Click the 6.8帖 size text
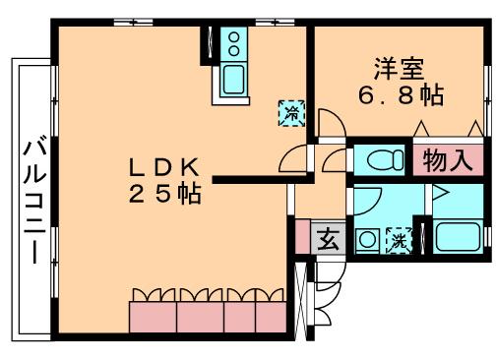tap(399, 95)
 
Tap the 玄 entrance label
tap(327, 239)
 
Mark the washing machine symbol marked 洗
tap(399, 239)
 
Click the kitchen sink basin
tap(234, 80)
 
